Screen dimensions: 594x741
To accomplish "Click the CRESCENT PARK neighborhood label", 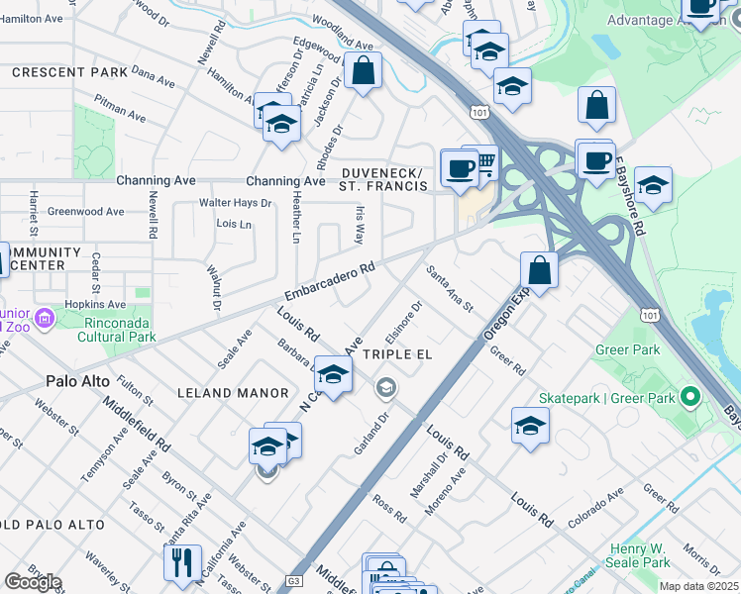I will [69, 72].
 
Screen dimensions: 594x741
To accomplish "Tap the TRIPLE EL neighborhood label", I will [400, 354].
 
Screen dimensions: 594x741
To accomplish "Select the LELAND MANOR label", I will [233, 393].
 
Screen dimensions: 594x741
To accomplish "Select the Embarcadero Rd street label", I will [330, 281].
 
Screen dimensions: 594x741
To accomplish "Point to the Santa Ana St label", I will [450, 287].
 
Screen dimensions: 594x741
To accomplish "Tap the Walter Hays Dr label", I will [235, 203].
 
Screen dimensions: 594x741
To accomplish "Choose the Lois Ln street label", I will [234, 224].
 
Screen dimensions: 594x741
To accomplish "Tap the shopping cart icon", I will [484, 161].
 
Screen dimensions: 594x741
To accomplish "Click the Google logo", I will [33, 582].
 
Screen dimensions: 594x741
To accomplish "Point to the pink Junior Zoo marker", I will [44, 319].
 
